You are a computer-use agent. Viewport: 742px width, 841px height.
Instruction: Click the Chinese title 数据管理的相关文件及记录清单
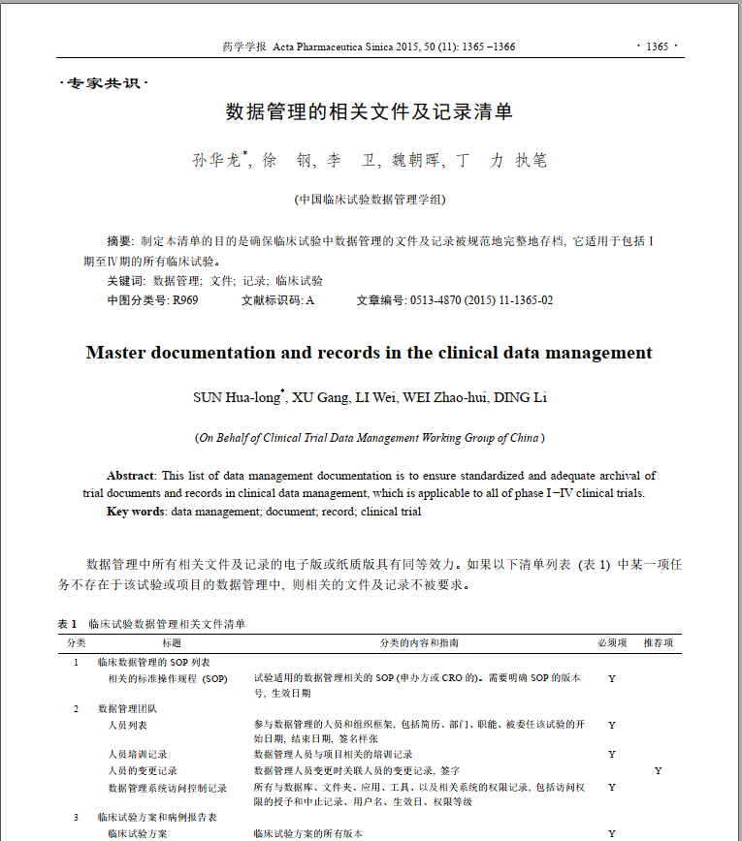tap(370, 111)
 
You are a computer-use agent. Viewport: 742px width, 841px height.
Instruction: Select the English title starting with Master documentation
tap(370, 353)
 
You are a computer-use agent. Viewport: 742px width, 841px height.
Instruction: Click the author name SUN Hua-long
tap(236, 397)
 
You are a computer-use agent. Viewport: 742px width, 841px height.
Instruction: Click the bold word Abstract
tap(130, 476)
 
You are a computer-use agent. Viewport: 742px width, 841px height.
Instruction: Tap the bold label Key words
tap(135, 511)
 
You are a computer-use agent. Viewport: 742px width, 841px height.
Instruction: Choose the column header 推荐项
tap(659, 642)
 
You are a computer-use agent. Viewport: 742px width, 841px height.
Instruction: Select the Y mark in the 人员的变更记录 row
tap(658, 770)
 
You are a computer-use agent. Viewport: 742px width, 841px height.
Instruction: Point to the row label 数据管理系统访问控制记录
tap(167, 788)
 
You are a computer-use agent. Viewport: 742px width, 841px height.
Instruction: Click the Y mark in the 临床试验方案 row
tap(612, 833)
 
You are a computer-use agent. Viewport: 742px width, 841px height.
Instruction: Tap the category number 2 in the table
tap(77, 708)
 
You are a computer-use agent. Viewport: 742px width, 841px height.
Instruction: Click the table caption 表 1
tap(67, 624)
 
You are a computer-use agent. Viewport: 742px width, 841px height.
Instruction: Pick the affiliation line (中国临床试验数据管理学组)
tap(370, 200)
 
